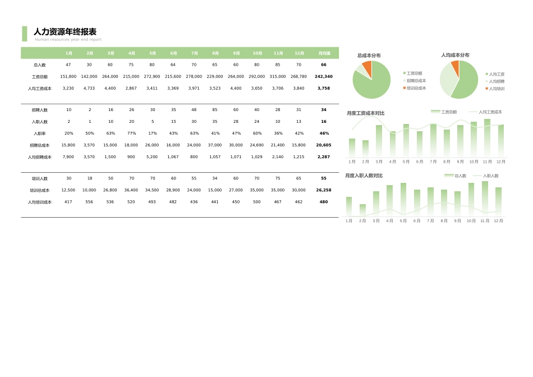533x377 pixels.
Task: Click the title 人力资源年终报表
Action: point(65,32)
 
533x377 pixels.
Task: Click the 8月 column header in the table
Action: point(215,53)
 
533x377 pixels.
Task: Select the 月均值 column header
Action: point(324,53)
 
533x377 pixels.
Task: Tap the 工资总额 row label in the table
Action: point(40,77)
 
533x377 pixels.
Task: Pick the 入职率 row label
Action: point(40,134)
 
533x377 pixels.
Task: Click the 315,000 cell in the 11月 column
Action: point(278,77)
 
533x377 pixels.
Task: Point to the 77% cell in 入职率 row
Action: point(131,134)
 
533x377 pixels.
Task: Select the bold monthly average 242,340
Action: point(324,77)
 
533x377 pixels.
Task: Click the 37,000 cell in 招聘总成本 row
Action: point(215,145)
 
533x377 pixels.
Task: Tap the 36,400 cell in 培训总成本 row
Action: point(131,190)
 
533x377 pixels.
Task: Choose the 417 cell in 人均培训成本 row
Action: point(68,202)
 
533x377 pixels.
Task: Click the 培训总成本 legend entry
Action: point(416,88)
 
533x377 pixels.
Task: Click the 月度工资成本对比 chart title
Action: point(366,113)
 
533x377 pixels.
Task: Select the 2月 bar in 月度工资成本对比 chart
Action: point(365,149)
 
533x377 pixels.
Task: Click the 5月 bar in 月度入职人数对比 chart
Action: point(403,199)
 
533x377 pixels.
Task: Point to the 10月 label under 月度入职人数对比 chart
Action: point(471,221)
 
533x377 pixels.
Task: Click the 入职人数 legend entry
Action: point(490,176)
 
